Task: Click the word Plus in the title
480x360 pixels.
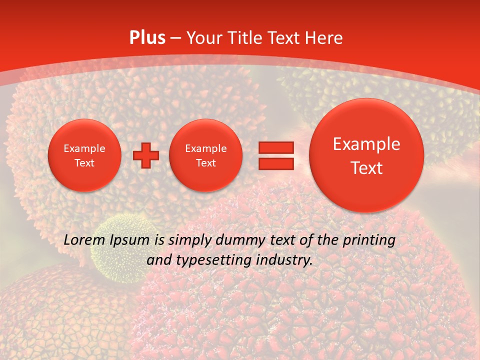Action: tap(147, 38)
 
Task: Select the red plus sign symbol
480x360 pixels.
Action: tap(146, 155)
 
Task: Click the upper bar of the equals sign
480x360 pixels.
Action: tap(276, 147)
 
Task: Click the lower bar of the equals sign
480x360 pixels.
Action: tap(276, 163)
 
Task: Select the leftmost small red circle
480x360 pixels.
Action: tap(84, 155)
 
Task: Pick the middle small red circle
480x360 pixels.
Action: tap(205, 155)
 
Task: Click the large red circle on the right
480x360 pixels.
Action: tap(366, 155)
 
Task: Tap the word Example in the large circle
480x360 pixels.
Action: tap(366, 144)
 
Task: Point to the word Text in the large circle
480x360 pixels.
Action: tap(366, 168)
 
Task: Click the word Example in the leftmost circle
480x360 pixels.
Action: tap(84, 148)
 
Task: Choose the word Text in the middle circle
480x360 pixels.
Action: tap(205, 163)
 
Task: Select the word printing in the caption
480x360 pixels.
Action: tap(369, 240)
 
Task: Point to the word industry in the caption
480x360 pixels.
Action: tap(284, 260)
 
